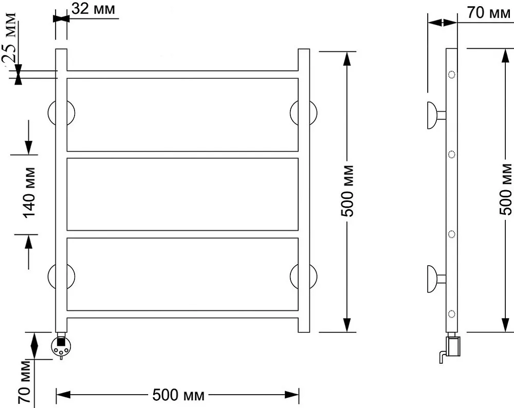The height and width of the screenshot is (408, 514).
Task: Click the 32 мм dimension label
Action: pyautogui.click(x=94, y=9)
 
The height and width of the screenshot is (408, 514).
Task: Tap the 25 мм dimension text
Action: pyautogui.click(x=9, y=38)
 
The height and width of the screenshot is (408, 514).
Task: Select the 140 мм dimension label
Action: pyautogui.click(x=29, y=193)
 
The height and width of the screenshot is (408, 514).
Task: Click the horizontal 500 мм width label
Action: pyautogui.click(x=178, y=395)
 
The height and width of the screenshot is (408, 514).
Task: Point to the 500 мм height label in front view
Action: pyautogui.click(x=347, y=191)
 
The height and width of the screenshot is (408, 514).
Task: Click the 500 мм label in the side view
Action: pyautogui.click(x=506, y=190)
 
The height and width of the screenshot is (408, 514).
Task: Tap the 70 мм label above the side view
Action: pyautogui.click(x=489, y=13)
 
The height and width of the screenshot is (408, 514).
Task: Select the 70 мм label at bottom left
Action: pyautogui.click(x=25, y=382)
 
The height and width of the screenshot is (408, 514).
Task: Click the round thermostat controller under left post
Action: pyautogui.click(x=61, y=347)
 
